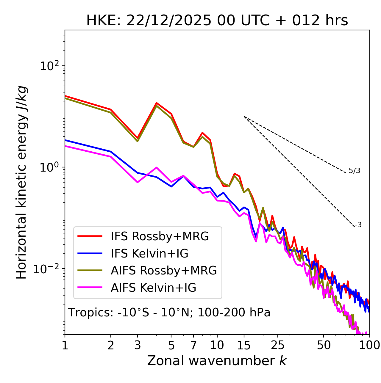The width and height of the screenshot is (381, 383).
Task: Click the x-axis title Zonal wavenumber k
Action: click(x=217, y=361)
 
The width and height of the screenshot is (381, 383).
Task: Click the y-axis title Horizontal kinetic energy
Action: click(x=22, y=182)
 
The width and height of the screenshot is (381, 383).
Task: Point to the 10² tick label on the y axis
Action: click(x=49, y=66)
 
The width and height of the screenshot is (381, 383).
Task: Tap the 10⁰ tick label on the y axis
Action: click(x=49, y=167)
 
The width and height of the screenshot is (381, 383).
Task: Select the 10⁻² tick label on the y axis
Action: click(x=48, y=269)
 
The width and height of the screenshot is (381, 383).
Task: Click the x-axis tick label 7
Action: click(x=193, y=345)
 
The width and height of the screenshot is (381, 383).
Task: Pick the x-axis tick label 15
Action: click(x=244, y=345)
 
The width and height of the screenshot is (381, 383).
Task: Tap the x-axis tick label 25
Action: click(x=277, y=345)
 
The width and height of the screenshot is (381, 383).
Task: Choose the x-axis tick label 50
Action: click(x=324, y=345)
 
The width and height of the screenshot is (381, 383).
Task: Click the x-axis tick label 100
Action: click(x=369, y=345)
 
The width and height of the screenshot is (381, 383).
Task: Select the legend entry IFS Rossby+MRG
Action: click(x=160, y=236)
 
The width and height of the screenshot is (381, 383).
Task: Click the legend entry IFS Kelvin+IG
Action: click(x=149, y=254)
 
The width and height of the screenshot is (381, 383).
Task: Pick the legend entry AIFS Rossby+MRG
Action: click(x=164, y=271)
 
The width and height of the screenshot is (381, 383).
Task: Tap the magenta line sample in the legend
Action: click(x=90, y=288)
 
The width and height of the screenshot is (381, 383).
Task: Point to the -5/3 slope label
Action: click(x=353, y=171)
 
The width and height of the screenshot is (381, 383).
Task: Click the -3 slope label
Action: click(x=358, y=225)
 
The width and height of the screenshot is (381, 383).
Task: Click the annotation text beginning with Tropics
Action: click(x=169, y=313)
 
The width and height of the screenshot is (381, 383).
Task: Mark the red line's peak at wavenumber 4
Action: click(x=157, y=103)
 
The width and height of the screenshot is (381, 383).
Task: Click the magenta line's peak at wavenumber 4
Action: click(x=157, y=167)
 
